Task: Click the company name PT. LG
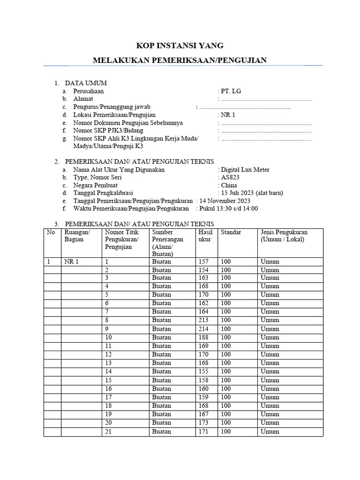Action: point(231,91)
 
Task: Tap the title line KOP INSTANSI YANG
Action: point(180,45)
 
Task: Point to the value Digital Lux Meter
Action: point(245,170)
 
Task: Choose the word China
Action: point(229,185)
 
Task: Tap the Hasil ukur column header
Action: point(205,236)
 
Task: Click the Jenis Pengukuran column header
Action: point(284,236)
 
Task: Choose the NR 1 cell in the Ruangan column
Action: point(71,262)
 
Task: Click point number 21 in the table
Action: point(109,431)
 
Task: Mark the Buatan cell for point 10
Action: point(162,337)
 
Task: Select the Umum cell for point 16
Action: point(270,389)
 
